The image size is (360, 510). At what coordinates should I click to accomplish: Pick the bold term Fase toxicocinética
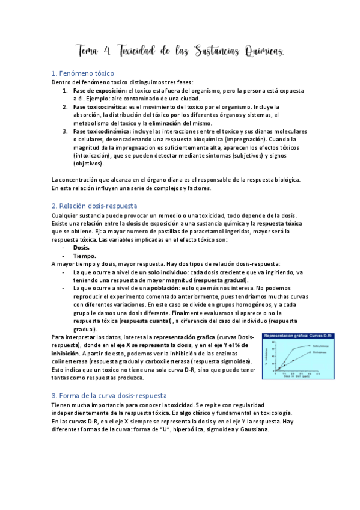click(97, 106)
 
